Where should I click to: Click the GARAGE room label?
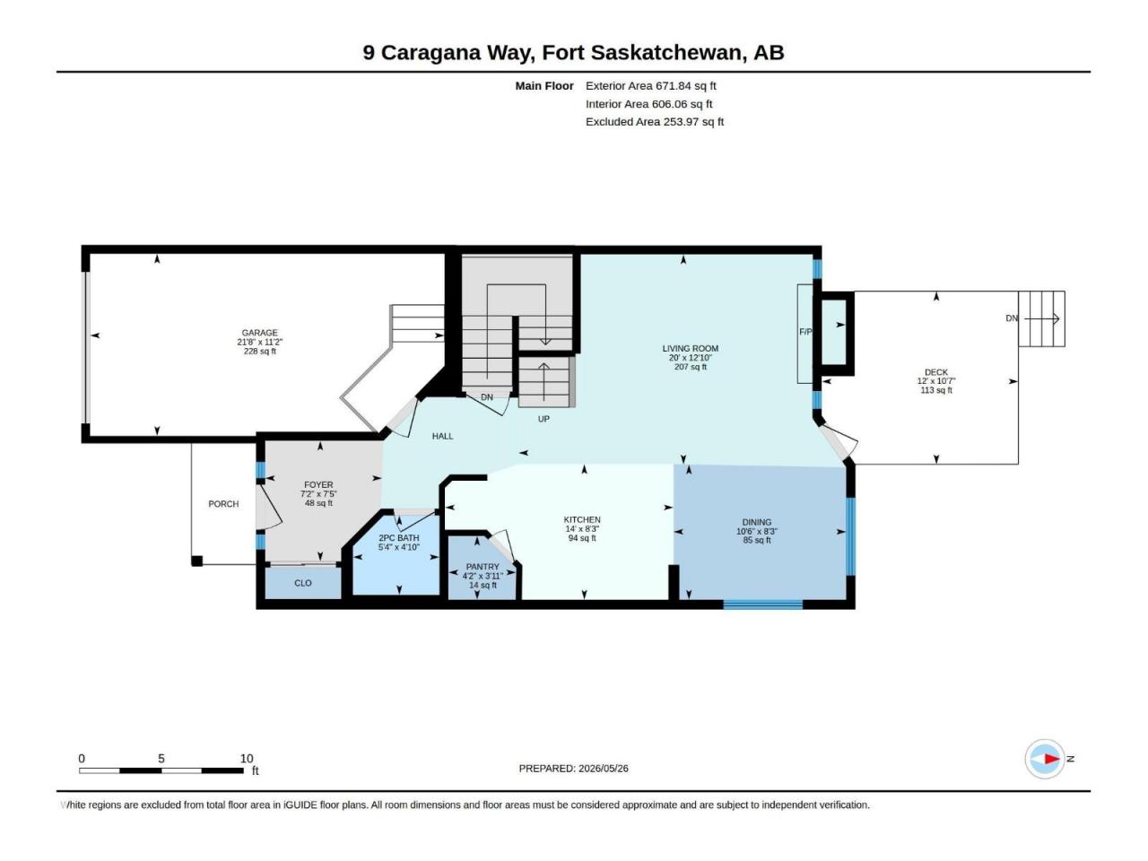pos(259,333)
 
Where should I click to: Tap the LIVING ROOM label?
pos(690,348)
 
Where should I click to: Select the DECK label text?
pos(935,372)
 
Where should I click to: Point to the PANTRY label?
pos(483,567)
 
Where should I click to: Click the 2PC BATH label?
pos(398,538)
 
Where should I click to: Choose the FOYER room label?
pos(318,484)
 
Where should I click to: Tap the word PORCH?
pos(223,504)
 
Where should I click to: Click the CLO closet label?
pos(303,583)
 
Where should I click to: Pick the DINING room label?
pos(756,522)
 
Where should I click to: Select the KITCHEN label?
pos(581,519)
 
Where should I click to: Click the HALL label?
pos(442,436)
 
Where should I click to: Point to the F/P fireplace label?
pos(805,332)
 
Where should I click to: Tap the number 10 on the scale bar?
pos(247,759)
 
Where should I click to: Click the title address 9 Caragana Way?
pos(448,53)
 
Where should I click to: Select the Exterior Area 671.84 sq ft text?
pos(650,86)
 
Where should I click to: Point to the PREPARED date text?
pos(573,769)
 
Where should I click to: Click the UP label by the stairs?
pos(544,419)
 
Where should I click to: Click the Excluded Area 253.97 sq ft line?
pos(655,122)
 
